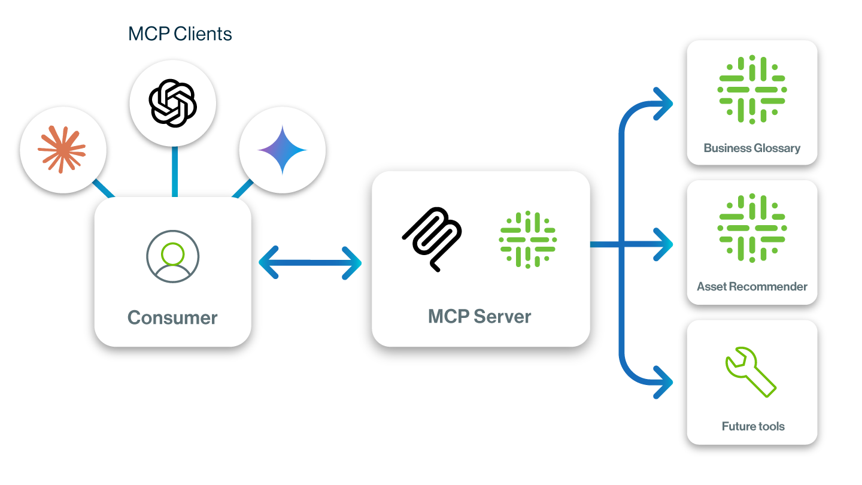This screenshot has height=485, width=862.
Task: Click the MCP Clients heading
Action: coord(180,34)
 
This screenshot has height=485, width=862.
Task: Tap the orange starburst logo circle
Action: coord(63,149)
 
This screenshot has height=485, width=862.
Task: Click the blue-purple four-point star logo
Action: coord(282,150)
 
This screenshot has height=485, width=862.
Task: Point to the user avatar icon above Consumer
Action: coord(172,257)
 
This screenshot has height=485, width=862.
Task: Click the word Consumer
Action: coord(172,317)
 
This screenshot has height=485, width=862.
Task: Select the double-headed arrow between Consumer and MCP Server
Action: coord(310,262)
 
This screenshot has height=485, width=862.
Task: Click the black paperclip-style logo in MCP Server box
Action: coord(432,238)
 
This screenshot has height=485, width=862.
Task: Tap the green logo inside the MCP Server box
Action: coord(527,239)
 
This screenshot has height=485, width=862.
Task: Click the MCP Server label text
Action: coord(479,316)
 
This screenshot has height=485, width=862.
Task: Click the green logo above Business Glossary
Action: coord(752,90)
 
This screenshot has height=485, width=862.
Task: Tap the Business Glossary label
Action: coord(752,148)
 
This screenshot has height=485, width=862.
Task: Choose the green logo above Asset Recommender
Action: coord(752,228)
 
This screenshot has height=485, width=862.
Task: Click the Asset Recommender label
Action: coord(752,287)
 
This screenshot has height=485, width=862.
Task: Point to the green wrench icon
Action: coord(750,371)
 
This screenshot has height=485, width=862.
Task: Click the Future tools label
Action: coord(752,426)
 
